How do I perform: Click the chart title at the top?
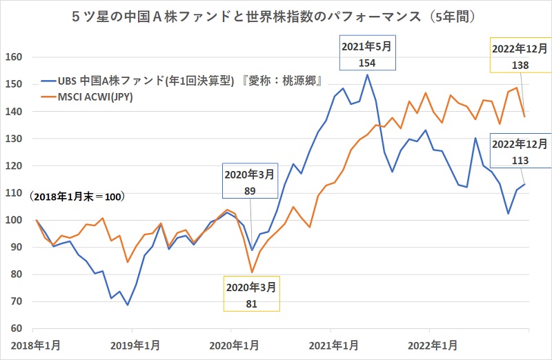pyautogui.click(x=276, y=14)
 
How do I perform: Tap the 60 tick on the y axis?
pyautogui.click(x=17, y=328)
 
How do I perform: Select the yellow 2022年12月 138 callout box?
pyautogui.click(x=520, y=55)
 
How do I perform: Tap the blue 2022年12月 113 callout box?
pyautogui.click(x=520, y=152)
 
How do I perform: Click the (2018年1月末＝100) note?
pyautogui.click(x=77, y=197)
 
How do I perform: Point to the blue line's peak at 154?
pyautogui.click(x=367, y=74)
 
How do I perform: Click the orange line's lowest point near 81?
pyautogui.click(x=252, y=272)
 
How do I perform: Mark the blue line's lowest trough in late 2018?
pyautogui.click(x=127, y=305)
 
